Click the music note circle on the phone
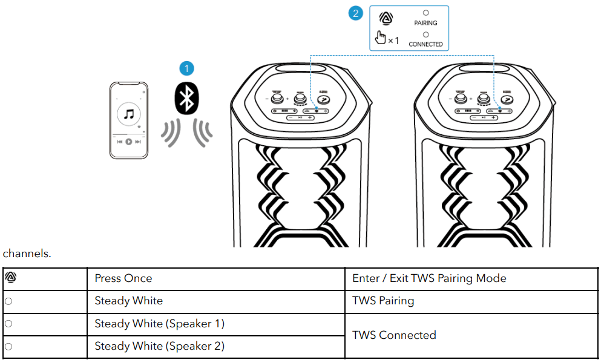click(x=128, y=113)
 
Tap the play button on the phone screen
click(x=129, y=142)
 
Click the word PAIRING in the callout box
click(x=425, y=23)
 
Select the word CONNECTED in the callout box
click(x=425, y=44)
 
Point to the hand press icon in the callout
click(x=381, y=38)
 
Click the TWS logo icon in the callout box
click(x=384, y=18)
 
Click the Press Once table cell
click(x=123, y=279)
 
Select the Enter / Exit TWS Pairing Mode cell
click(x=429, y=279)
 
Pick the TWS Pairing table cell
click(x=383, y=301)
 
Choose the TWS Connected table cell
click(x=394, y=335)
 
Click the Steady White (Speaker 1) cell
click(x=159, y=324)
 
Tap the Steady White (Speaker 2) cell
click(x=159, y=346)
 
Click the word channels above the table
click(x=27, y=254)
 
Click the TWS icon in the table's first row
click(x=10, y=278)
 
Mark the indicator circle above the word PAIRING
click(x=425, y=13)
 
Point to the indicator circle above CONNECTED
click(x=425, y=34)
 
